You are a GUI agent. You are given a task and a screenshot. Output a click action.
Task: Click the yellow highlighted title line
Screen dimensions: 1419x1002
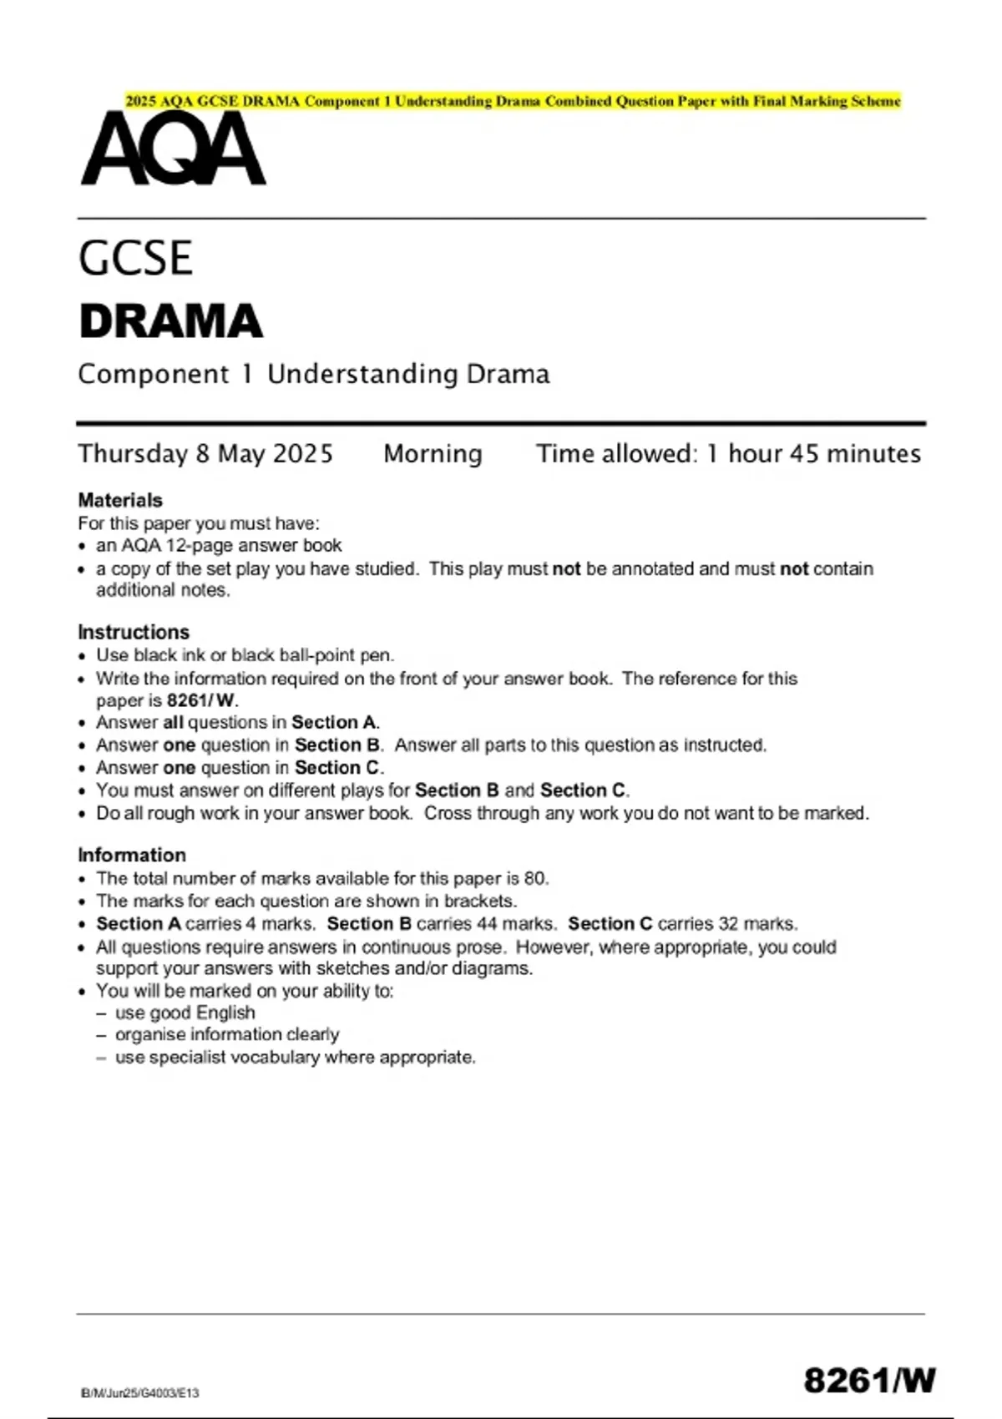coord(513,101)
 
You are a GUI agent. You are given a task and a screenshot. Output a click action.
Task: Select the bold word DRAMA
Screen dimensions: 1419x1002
coord(171,322)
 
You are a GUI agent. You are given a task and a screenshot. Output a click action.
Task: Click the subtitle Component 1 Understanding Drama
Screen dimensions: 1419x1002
coord(314,374)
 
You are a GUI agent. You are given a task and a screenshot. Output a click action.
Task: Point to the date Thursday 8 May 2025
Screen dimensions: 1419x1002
coord(205,453)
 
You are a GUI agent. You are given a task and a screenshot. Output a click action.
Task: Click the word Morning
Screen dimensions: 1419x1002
coord(433,453)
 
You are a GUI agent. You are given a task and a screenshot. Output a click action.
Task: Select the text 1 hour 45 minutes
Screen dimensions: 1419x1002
coord(813,453)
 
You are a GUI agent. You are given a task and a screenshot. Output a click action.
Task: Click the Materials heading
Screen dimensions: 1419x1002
coord(120,500)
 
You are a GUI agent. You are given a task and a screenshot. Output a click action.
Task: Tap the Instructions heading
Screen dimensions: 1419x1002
coord(134,632)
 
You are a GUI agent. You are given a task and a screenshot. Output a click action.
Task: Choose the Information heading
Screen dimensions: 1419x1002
coord(132,855)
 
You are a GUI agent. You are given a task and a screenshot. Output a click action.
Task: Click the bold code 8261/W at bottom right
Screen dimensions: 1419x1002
coord(869,1381)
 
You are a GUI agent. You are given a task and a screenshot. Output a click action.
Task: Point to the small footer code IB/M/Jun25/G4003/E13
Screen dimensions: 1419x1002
coord(140,1392)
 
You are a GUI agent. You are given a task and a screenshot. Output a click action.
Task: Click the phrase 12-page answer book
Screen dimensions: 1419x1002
coord(254,545)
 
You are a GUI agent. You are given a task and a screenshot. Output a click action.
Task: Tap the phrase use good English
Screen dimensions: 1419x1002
coord(185,1012)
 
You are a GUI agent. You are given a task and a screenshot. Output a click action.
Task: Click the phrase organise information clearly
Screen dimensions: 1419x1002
coord(227,1034)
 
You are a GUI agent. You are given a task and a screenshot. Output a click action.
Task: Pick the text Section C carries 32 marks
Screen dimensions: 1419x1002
coord(682,923)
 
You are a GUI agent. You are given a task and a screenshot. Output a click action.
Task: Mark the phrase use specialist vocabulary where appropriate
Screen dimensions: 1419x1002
coord(296,1057)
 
